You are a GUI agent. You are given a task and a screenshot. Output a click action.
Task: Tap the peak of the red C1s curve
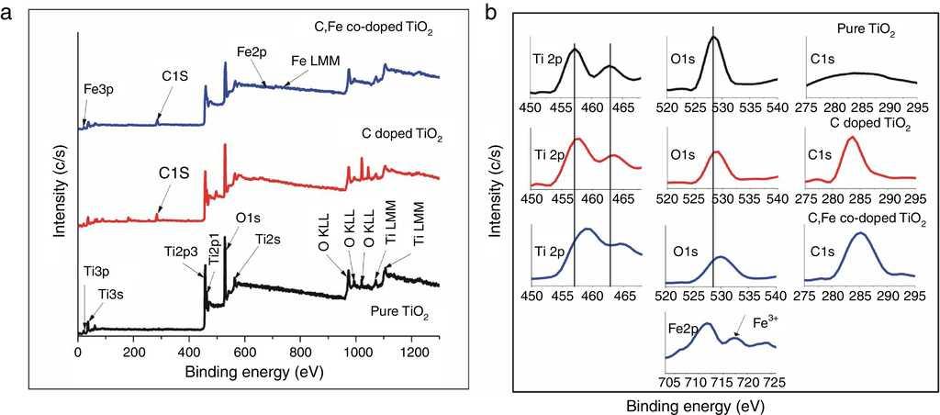pos(852,138)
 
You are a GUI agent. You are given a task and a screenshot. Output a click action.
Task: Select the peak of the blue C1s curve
pos(860,233)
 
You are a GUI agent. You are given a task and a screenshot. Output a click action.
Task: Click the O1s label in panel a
pos(248,218)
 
